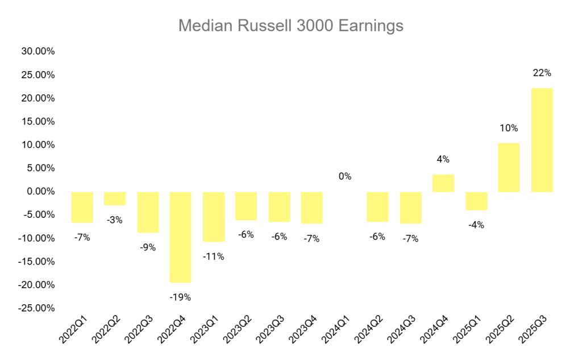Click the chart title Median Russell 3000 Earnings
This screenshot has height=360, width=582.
click(x=290, y=26)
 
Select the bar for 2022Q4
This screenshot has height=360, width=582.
click(x=181, y=237)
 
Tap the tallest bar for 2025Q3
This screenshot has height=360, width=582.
click(x=542, y=140)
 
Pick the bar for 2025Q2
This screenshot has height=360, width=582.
click(x=509, y=167)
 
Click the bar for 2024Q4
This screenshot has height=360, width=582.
click(x=443, y=183)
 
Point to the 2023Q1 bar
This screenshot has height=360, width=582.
click(x=214, y=217)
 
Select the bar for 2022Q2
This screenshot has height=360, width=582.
click(x=115, y=198)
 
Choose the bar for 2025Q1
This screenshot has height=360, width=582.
click(x=476, y=201)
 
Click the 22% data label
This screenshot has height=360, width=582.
click(x=542, y=73)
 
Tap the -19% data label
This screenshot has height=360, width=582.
click(x=181, y=297)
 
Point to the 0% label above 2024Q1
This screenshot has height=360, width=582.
click(x=345, y=176)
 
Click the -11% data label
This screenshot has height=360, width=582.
click(x=214, y=256)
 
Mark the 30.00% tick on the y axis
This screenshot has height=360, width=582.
click(x=38, y=51)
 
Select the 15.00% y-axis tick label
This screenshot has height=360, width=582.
click(x=38, y=121)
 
